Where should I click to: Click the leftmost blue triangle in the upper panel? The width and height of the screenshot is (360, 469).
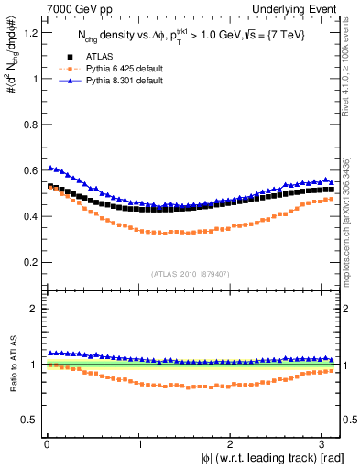point(49,168)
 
